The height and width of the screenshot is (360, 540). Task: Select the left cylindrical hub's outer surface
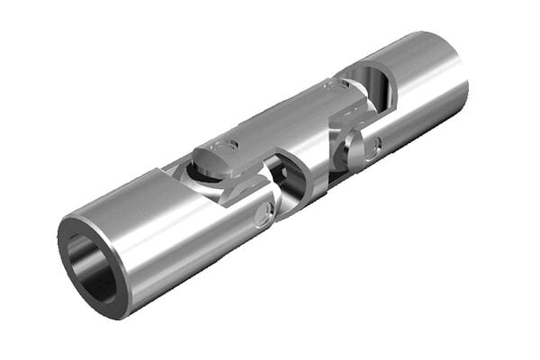point(171,243)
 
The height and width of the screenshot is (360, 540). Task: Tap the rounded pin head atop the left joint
point(216,156)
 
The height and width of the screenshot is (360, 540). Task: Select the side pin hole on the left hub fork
point(262,214)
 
